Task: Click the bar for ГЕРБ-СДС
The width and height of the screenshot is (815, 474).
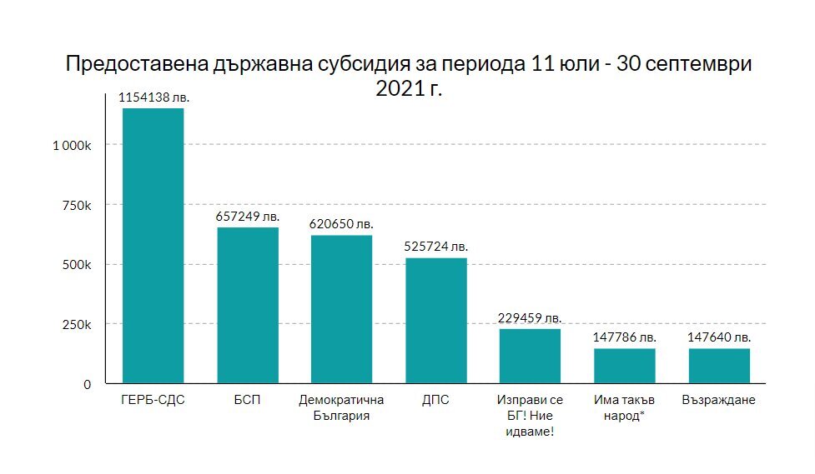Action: (x=153, y=246)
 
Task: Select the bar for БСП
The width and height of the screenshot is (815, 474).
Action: (x=248, y=305)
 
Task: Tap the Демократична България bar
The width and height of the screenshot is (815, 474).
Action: (x=342, y=309)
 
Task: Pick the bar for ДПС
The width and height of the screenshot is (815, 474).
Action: (x=436, y=321)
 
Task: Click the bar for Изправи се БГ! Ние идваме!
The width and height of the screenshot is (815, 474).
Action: (x=531, y=356)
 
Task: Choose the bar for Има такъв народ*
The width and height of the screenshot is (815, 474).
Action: (x=625, y=366)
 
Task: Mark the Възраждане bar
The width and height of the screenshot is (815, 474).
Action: (x=719, y=366)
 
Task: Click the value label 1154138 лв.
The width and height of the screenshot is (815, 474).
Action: (x=153, y=97)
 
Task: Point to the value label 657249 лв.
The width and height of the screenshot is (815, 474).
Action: (x=248, y=216)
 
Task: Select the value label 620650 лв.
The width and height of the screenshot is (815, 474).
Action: (x=342, y=224)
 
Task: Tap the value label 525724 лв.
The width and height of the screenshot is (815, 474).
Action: (x=436, y=247)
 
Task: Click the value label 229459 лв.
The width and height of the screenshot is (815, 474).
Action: (x=531, y=318)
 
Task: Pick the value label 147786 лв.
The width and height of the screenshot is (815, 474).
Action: (x=625, y=337)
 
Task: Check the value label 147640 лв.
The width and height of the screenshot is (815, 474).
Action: (x=719, y=337)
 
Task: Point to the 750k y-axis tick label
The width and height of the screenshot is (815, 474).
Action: (x=78, y=205)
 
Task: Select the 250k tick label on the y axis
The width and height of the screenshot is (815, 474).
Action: (x=78, y=324)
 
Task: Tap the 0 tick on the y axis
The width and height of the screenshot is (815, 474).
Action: (x=87, y=384)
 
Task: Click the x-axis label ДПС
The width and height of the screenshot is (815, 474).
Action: (x=436, y=400)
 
